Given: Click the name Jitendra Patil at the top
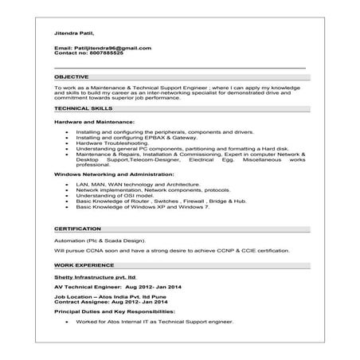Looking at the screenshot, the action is (73, 33).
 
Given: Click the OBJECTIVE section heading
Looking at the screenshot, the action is (72, 76).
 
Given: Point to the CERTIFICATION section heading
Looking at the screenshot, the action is (78, 229).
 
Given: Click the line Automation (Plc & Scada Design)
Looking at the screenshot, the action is (100, 240).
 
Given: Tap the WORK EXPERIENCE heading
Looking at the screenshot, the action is (84, 264).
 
